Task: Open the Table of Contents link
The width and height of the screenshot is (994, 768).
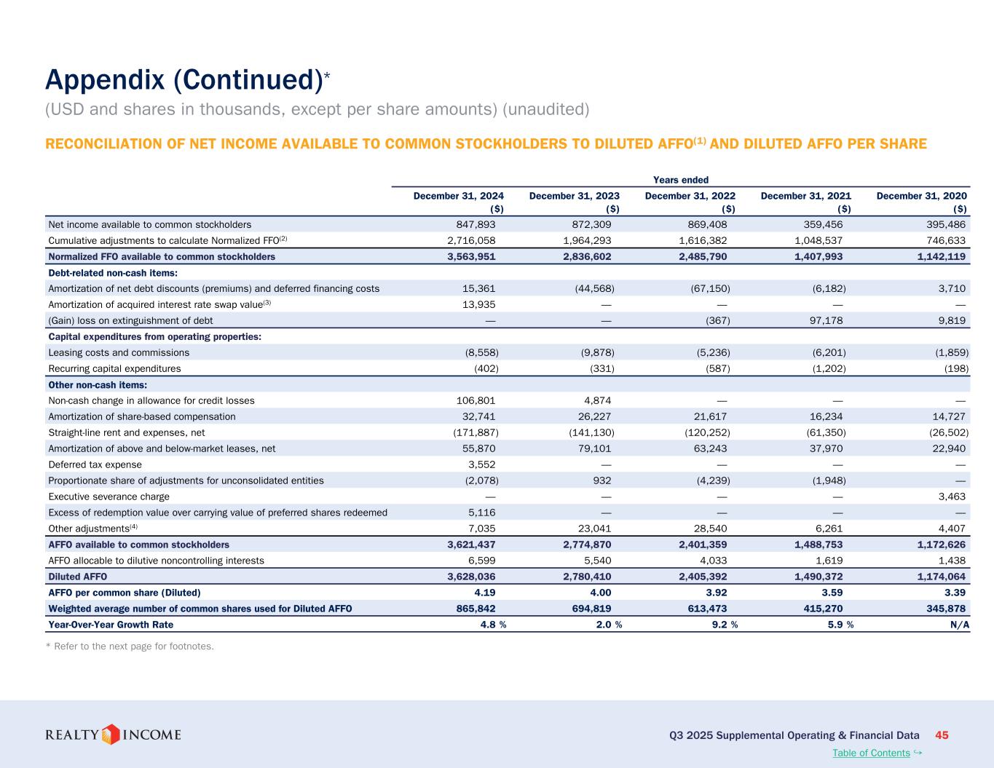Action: click(871, 753)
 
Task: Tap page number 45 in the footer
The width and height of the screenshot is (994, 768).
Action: click(942, 735)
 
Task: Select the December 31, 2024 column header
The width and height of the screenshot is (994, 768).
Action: click(459, 196)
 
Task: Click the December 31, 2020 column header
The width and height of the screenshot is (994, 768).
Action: click(922, 196)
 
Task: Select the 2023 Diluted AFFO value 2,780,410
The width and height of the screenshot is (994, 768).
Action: click(585, 577)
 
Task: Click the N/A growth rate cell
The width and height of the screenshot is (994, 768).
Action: click(959, 625)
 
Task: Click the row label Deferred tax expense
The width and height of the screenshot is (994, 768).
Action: click(95, 464)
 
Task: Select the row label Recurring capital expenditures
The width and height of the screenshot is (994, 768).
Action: click(114, 368)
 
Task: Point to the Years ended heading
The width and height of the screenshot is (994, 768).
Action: click(681, 180)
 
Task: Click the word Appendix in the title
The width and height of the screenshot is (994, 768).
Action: click(105, 80)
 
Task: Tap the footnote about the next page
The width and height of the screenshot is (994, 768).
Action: click(130, 646)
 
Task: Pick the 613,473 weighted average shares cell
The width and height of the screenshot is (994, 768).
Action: click(706, 609)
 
